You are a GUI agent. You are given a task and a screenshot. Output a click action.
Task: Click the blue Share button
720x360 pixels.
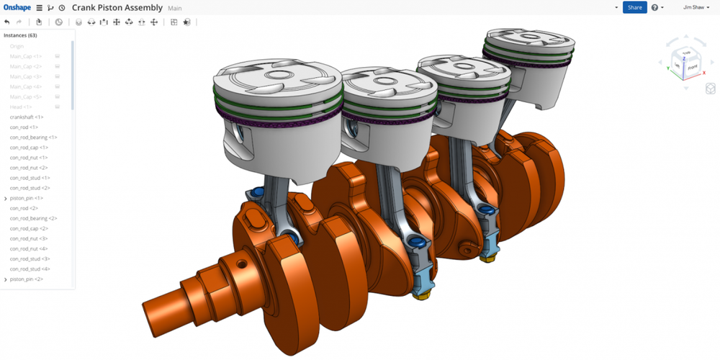click(634, 7)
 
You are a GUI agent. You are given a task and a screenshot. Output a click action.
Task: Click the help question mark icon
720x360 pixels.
click(654, 7)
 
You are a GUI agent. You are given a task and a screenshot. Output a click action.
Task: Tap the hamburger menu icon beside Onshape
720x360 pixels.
click(40, 8)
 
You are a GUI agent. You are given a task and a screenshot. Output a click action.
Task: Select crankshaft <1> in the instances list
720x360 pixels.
click(27, 117)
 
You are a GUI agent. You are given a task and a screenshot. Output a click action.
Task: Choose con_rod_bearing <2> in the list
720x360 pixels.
click(33, 218)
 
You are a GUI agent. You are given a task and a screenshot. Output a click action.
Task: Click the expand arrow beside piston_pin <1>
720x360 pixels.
click(6, 198)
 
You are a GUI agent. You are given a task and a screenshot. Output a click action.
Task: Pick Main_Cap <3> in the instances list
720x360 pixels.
click(26, 76)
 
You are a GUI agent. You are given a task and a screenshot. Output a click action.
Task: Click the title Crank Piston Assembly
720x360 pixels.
click(117, 7)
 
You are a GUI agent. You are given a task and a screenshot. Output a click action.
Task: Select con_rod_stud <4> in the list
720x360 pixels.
click(30, 269)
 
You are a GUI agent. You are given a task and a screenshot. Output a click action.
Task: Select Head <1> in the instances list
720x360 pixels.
click(21, 107)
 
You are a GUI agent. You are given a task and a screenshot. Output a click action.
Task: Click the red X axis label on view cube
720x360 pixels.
click(703, 72)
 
